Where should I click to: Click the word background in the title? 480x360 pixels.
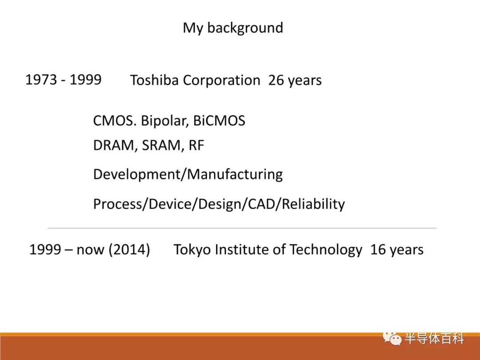[x=245, y=28]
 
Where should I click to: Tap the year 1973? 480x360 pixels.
[x=41, y=80]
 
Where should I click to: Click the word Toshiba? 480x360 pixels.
[x=154, y=80]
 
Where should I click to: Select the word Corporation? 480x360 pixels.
[x=221, y=81]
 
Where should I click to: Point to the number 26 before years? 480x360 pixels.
[x=276, y=80]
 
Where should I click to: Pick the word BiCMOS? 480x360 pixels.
[x=219, y=120]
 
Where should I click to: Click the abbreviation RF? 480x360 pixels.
[x=196, y=145]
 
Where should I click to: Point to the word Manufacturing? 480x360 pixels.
[x=235, y=175]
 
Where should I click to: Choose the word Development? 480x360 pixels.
[x=137, y=175]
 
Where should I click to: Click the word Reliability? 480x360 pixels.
[x=313, y=204]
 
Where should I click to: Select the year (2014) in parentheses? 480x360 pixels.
[x=129, y=249]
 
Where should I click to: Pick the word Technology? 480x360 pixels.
[x=326, y=250]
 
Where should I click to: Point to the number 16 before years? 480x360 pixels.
[x=378, y=249]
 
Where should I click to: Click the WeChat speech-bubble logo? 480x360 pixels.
[x=392, y=338]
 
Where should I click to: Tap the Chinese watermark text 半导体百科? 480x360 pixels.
[x=434, y=339]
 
